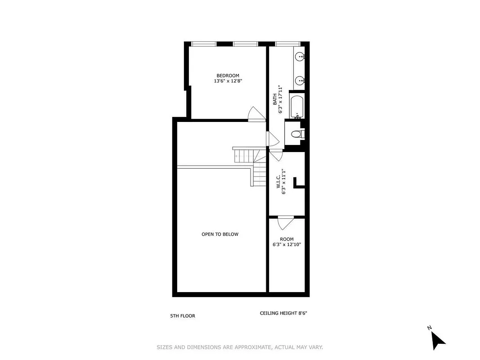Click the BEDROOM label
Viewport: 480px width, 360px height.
[x=228, y=76]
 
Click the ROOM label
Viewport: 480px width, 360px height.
[x=287, y=239]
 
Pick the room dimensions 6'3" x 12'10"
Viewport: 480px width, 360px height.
[x=287, y=245]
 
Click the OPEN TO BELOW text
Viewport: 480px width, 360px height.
[x=220, y=234]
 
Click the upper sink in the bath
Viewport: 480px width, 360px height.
[x=300, y=57]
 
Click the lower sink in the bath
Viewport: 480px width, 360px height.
[x=300, y=81]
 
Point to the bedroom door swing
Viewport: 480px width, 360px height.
[x=257, y=114]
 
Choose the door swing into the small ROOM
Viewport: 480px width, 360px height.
[x=286, y=223]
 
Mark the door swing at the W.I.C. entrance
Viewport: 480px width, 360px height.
[x=276, y=155]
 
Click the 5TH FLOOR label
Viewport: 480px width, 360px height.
[x=183, y=316]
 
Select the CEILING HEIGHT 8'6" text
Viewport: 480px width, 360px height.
[x=283, y=313]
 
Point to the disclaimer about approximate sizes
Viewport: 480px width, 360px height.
[x=240, y=347]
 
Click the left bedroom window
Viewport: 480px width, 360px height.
[x=203, y=44]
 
